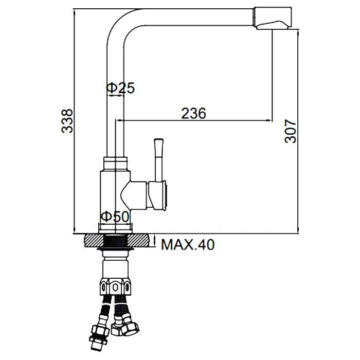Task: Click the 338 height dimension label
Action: click(x=67, y=121)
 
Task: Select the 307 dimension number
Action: click(x=290, y=131)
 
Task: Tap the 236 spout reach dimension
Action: click(x=194, y=114)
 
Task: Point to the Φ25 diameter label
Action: click(x=120, y=88)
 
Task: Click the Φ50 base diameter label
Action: click(x=115, y=217)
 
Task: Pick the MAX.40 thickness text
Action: click(x=188, y=245)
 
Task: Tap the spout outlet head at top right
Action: click(x=273, y=18)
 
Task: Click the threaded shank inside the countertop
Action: click(x=115, y=241)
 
